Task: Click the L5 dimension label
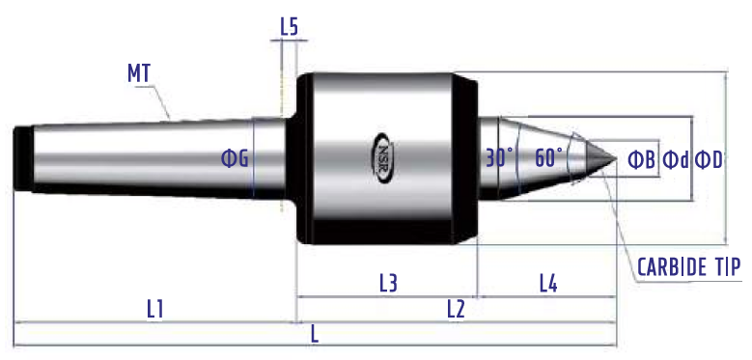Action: [290, 27]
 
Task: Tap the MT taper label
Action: [140, 73]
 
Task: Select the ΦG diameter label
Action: [235, 158]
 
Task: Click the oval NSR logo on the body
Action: [385, 157]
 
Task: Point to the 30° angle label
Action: [499, 157]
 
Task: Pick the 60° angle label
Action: [548, 157]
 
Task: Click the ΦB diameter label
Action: [642, 160]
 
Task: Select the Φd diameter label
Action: [676, 160]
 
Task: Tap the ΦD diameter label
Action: [709, 160]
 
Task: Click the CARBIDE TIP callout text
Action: [689, 266]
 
